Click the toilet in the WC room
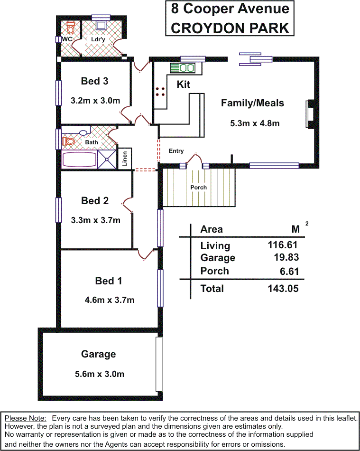70,27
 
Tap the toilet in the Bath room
68,141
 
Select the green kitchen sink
183,68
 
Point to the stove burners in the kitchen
160,92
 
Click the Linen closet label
125,159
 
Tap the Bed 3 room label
94,81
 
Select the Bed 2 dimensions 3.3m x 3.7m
95,220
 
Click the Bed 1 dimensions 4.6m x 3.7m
109,300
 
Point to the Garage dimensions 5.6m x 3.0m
100,374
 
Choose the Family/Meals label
252,103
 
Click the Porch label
199,187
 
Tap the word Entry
176,151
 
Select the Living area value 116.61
283,245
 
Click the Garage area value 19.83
286,257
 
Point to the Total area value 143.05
283,289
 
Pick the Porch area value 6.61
289,271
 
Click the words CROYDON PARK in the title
230,28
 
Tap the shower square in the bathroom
107,159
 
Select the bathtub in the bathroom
79,160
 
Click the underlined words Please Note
25,418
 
